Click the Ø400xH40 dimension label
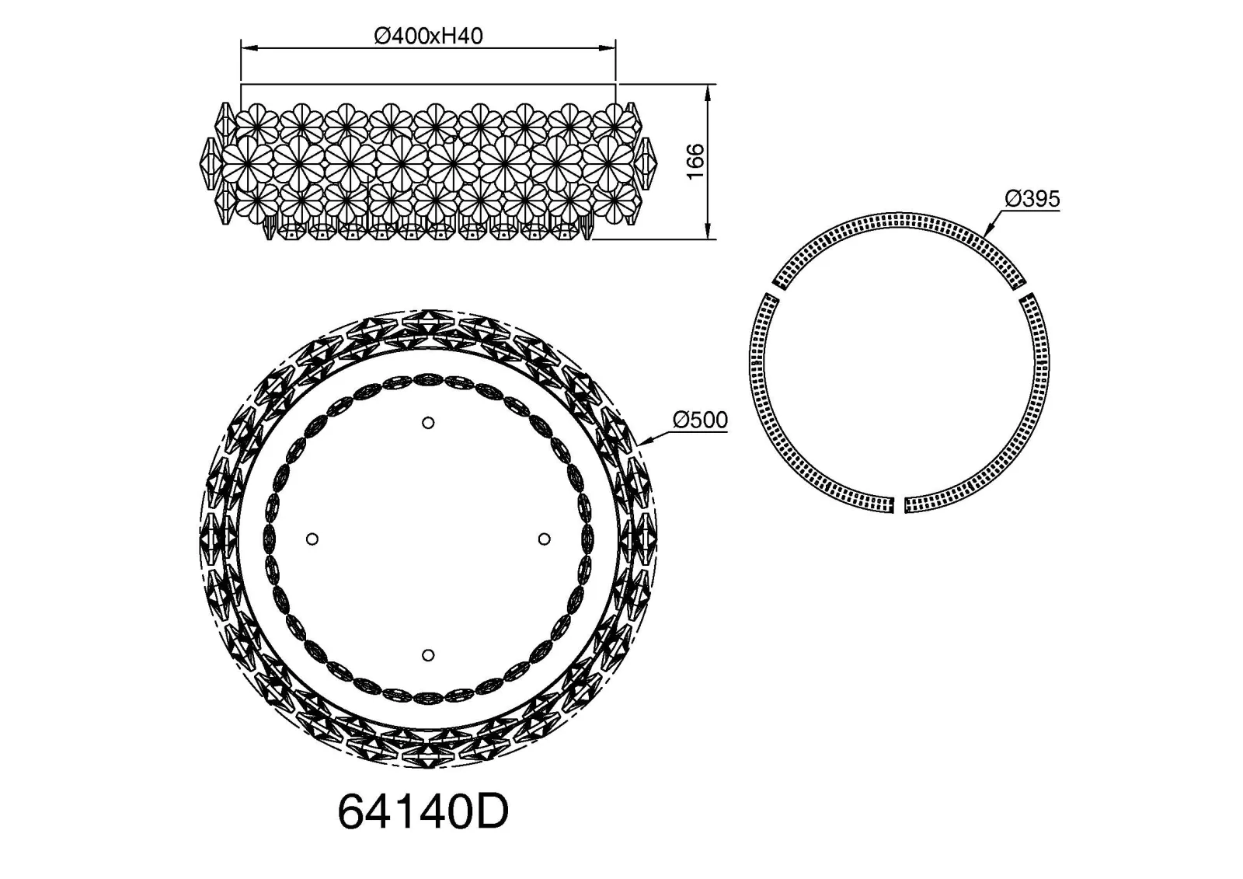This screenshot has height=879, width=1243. point(428,36)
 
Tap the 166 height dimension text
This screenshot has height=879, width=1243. point(695,162)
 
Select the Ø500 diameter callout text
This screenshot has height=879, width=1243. point(700,420)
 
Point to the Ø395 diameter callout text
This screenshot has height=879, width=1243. point(1032,199)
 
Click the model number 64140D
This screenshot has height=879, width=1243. point(423,812)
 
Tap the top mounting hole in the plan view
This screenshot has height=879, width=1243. point(428,423)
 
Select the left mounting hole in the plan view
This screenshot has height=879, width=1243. point(312,539)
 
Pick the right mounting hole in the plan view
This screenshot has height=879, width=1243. point(545,539)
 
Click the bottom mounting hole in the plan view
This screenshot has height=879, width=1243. point(428,655)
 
